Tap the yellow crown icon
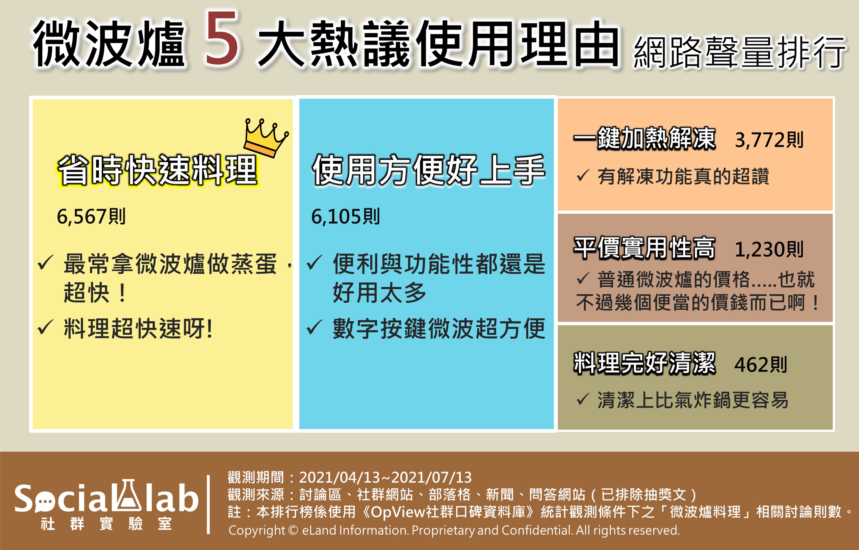click(265, 138)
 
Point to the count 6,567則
click(91, 216)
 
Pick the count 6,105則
click(345, 216)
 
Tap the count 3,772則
click(769, 140)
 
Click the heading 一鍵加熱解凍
click(644, 139)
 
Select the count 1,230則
click(769, 249)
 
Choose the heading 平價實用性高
click(644, 248)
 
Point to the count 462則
click(760, 365)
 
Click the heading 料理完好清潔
click(644, 363)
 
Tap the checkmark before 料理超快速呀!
click(45, 327)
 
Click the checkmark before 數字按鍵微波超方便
click(314, 327)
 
